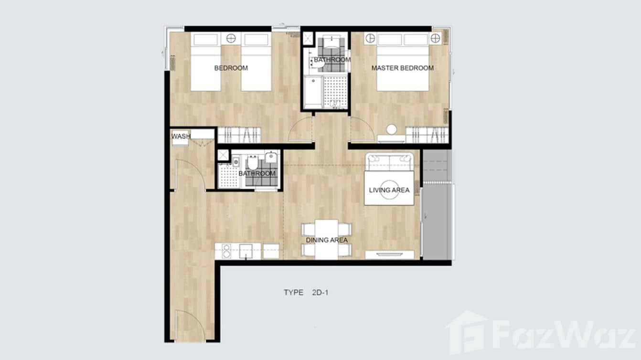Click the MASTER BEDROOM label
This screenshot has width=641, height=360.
point(403,68)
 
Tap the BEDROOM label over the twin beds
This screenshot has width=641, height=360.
point(231,68)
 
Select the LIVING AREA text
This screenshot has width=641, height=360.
point(389,190)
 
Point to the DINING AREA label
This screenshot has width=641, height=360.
point(327,240)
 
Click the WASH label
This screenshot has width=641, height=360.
point(181,137)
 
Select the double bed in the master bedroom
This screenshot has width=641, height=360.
point(402,62)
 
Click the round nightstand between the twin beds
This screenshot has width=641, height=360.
point(231,38)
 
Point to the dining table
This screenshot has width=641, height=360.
point(327,239)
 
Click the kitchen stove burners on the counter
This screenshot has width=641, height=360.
point(225,251)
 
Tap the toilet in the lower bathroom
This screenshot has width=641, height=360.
point(252,162)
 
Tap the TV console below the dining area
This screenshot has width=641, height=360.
point(389,254)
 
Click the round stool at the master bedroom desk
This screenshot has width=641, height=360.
point(392,129)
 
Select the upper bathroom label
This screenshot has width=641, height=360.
point(332,60)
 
